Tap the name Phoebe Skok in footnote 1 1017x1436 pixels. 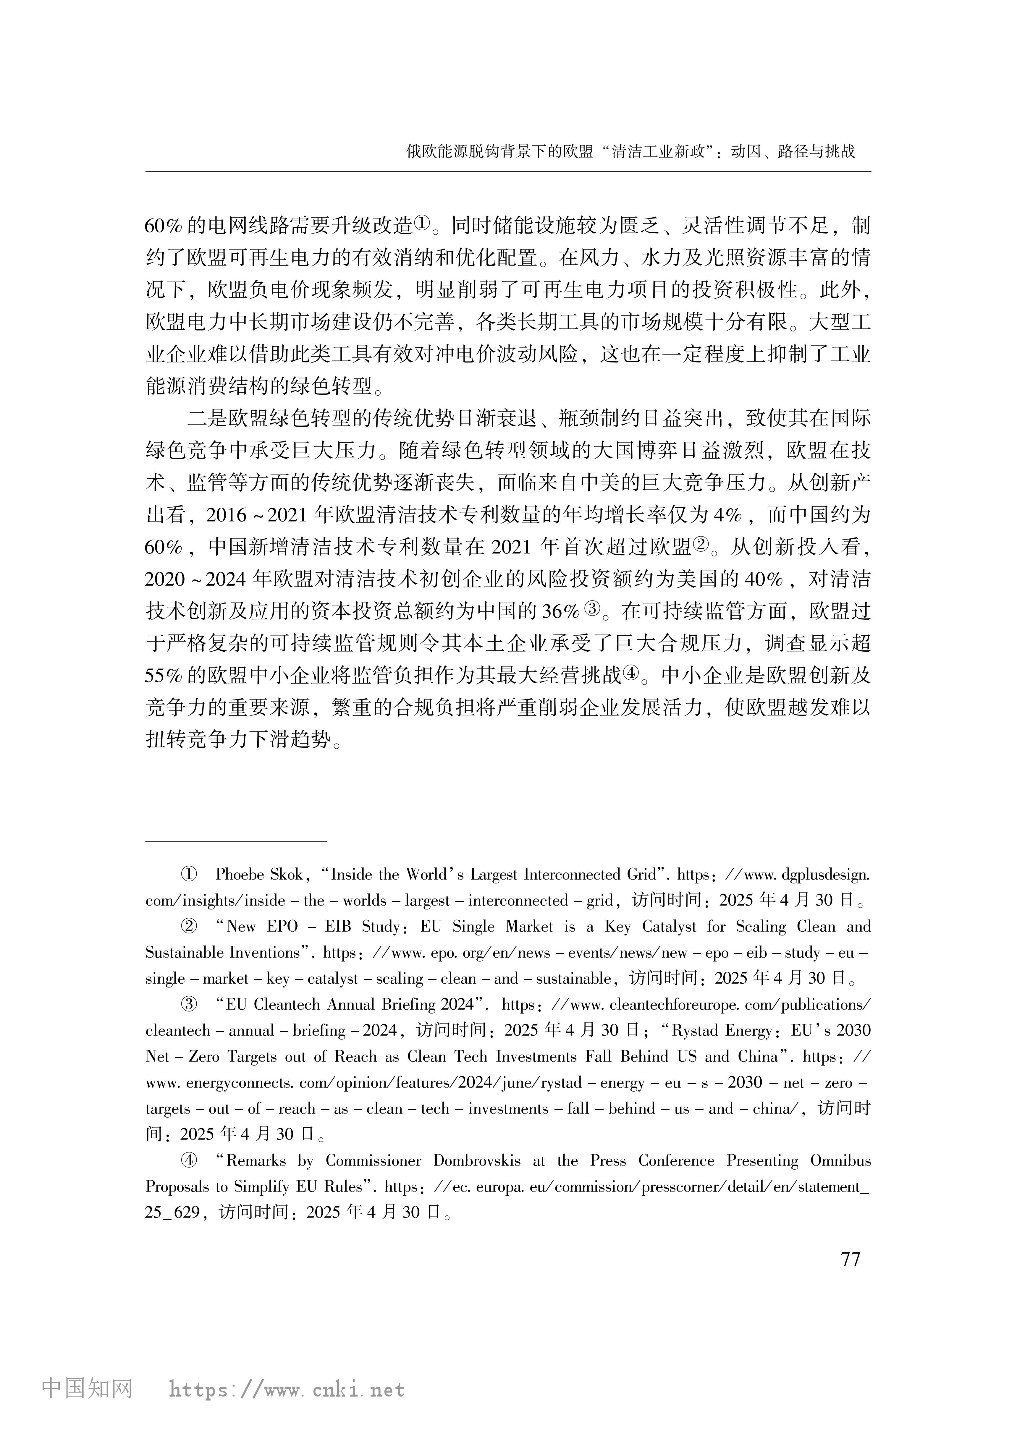click(259, 875)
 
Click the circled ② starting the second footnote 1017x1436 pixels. click(189, 927)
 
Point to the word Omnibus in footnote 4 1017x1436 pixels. click(840, 1160)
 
